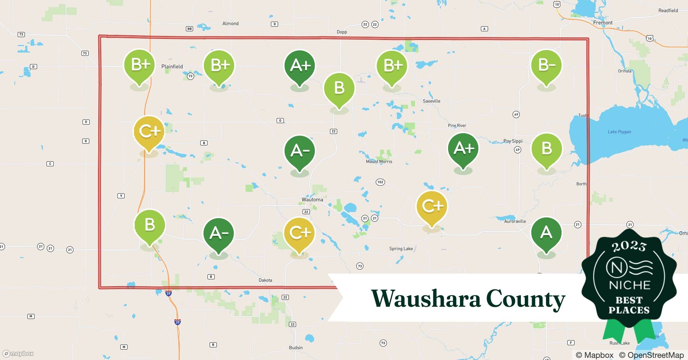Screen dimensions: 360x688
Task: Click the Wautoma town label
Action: click(312, 199)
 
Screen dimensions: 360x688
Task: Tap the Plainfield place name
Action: click(172, 67)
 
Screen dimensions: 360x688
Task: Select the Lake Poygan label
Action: click(619, 132)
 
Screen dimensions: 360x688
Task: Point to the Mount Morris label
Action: click(379, 162)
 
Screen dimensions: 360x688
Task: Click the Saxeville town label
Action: click(431, 101)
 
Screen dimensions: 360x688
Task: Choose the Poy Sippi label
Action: click(513, 141)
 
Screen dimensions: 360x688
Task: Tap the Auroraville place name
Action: click(515, 221)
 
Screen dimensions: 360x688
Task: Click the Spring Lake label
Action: click(401, 249)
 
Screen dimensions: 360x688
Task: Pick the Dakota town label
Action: click(265, 280)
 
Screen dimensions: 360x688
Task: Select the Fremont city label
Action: click(603, 23)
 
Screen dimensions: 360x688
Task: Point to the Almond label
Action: click(231, 23)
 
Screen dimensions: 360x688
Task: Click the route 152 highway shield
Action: click(380, 182)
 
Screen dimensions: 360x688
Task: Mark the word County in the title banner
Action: click(525, 299)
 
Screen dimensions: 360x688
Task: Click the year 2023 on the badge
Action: click(629, 246)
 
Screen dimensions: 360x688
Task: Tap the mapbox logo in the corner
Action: click(18, 354)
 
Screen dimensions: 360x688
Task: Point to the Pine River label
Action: click(457, 126)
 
